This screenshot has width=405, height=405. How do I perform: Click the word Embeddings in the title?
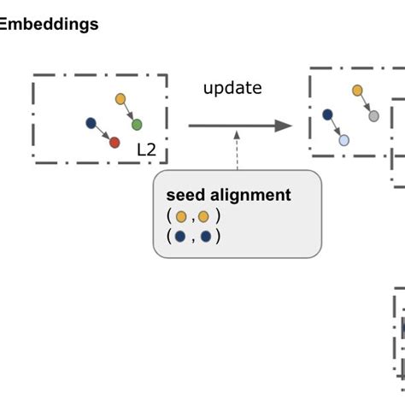click(x=50, y=25)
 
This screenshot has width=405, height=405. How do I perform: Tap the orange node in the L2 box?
click(x=120, y=99)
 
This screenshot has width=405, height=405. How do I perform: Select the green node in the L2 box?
click(x=137, y=125)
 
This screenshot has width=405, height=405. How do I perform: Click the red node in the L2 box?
click(x=114, y=143)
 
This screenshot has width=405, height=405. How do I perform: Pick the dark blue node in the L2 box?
click(x=91, y=123)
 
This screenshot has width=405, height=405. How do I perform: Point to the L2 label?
click(x=147, y=150)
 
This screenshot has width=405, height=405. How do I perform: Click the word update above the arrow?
click(x=232, y=88)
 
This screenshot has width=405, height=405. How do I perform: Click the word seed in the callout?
click(x=185, y=196)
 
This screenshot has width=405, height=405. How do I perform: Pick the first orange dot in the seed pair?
click(x=180, y=217)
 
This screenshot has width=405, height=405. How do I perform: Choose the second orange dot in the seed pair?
click(x=203, y=217)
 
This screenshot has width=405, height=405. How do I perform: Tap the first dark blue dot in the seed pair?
click(x=180, y=238)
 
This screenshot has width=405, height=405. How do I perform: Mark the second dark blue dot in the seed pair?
click(x=205, y=238)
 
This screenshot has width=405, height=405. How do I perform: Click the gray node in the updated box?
click(x=373, y=116)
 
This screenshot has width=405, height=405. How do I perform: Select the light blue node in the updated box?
click(x=343, y=140)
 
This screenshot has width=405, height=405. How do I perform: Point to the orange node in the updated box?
click(x=357, y=90)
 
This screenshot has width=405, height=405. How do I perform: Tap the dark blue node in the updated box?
click(x=326, y=114)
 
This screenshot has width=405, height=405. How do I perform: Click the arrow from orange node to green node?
click(x=129, y=113)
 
